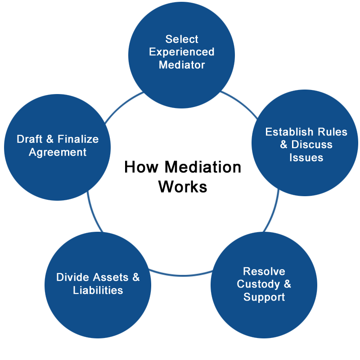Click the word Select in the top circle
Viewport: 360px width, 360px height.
pos(182,39)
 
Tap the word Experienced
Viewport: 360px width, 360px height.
pos(182,52)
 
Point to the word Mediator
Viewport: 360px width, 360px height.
pos(182,65)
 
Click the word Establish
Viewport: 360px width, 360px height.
pos(288,132)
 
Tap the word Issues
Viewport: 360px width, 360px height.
pos(306,157)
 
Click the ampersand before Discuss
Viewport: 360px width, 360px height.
pos(283,145)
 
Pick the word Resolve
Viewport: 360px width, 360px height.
pos(264,271)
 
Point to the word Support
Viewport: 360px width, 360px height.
pos(264,297)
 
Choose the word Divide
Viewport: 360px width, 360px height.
pos(72,277)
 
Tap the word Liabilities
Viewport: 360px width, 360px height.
pos(98,290)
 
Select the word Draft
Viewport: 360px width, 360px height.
pos(30,139)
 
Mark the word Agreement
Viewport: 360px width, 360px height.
pos(58,152)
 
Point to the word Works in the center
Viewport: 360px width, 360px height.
pos(183,186)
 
